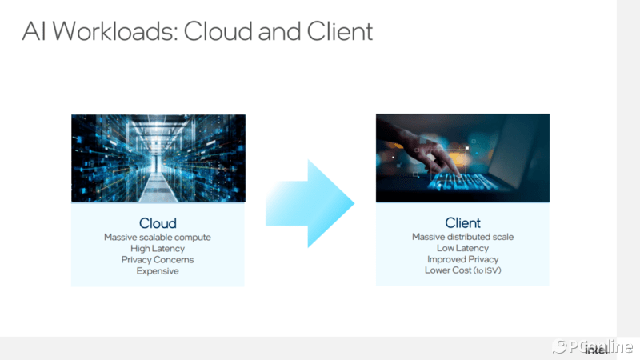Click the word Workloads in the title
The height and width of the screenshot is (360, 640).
[115, 31]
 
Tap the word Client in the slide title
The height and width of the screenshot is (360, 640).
[339, 31]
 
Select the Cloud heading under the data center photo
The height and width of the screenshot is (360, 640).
[158, 223]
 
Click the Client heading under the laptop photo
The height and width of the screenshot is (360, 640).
[462, 223]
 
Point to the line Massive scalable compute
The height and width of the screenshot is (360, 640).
[158, 237]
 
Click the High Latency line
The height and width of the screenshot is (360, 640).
[158, 249]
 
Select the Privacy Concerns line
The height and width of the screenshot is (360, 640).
[158, 259]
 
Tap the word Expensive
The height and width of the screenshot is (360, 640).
[158, 271]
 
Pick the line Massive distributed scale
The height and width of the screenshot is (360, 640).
[462, 237]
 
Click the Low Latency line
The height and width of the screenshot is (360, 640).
[462, 248]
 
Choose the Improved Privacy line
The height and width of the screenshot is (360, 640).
[462, 259]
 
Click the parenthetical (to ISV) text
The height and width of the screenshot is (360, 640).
[487, 270]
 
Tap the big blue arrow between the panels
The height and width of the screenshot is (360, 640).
[310, 203]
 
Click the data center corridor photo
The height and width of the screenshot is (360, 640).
[158, 158]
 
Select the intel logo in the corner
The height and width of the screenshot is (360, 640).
[596, 350]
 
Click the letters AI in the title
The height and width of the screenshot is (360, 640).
[34, 31]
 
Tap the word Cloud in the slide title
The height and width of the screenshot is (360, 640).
[218, 31]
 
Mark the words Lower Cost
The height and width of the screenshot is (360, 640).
[448, 270]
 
